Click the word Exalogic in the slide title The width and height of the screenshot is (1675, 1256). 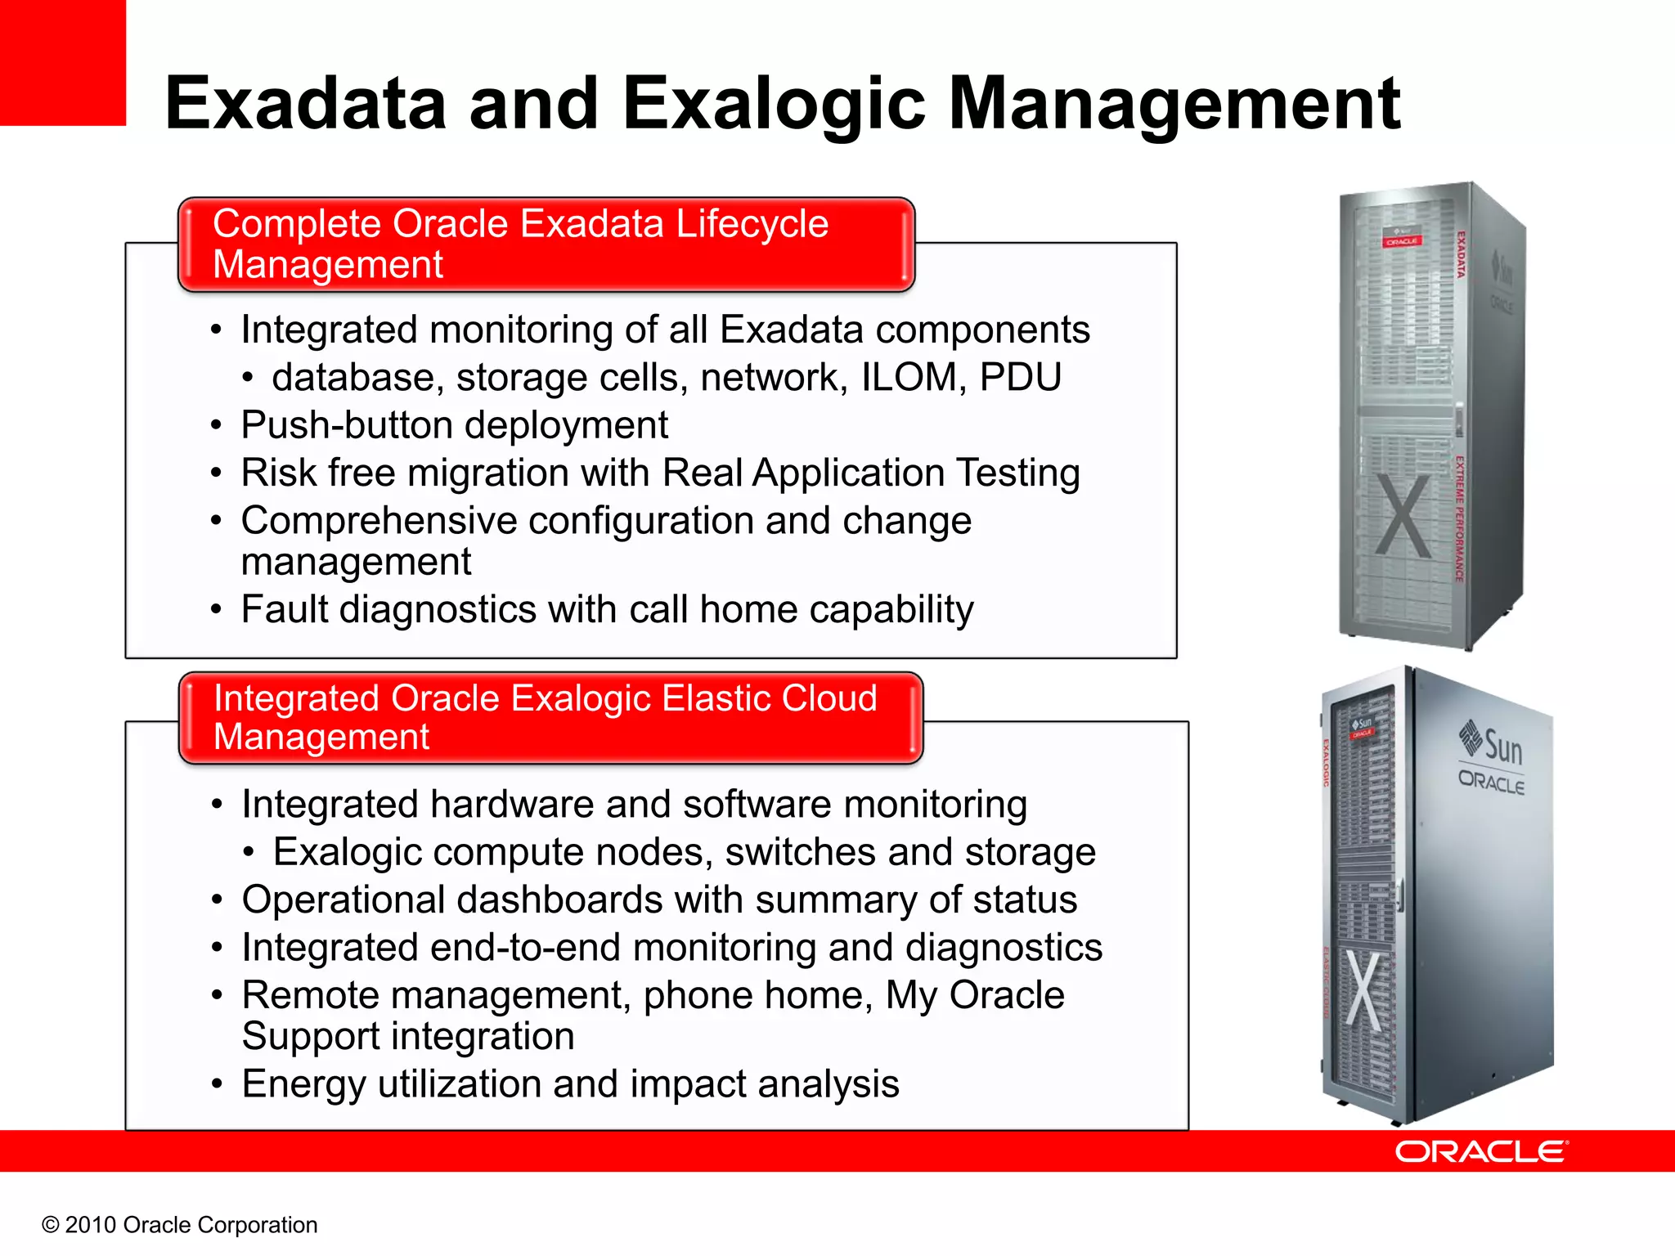[773, 104]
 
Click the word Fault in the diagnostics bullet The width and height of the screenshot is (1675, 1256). [284, 610]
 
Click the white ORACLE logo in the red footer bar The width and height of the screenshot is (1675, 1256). [1481, 1152]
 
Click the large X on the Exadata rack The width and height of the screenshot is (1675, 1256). [1403, 515]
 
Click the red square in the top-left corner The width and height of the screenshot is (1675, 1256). [62, 62]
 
